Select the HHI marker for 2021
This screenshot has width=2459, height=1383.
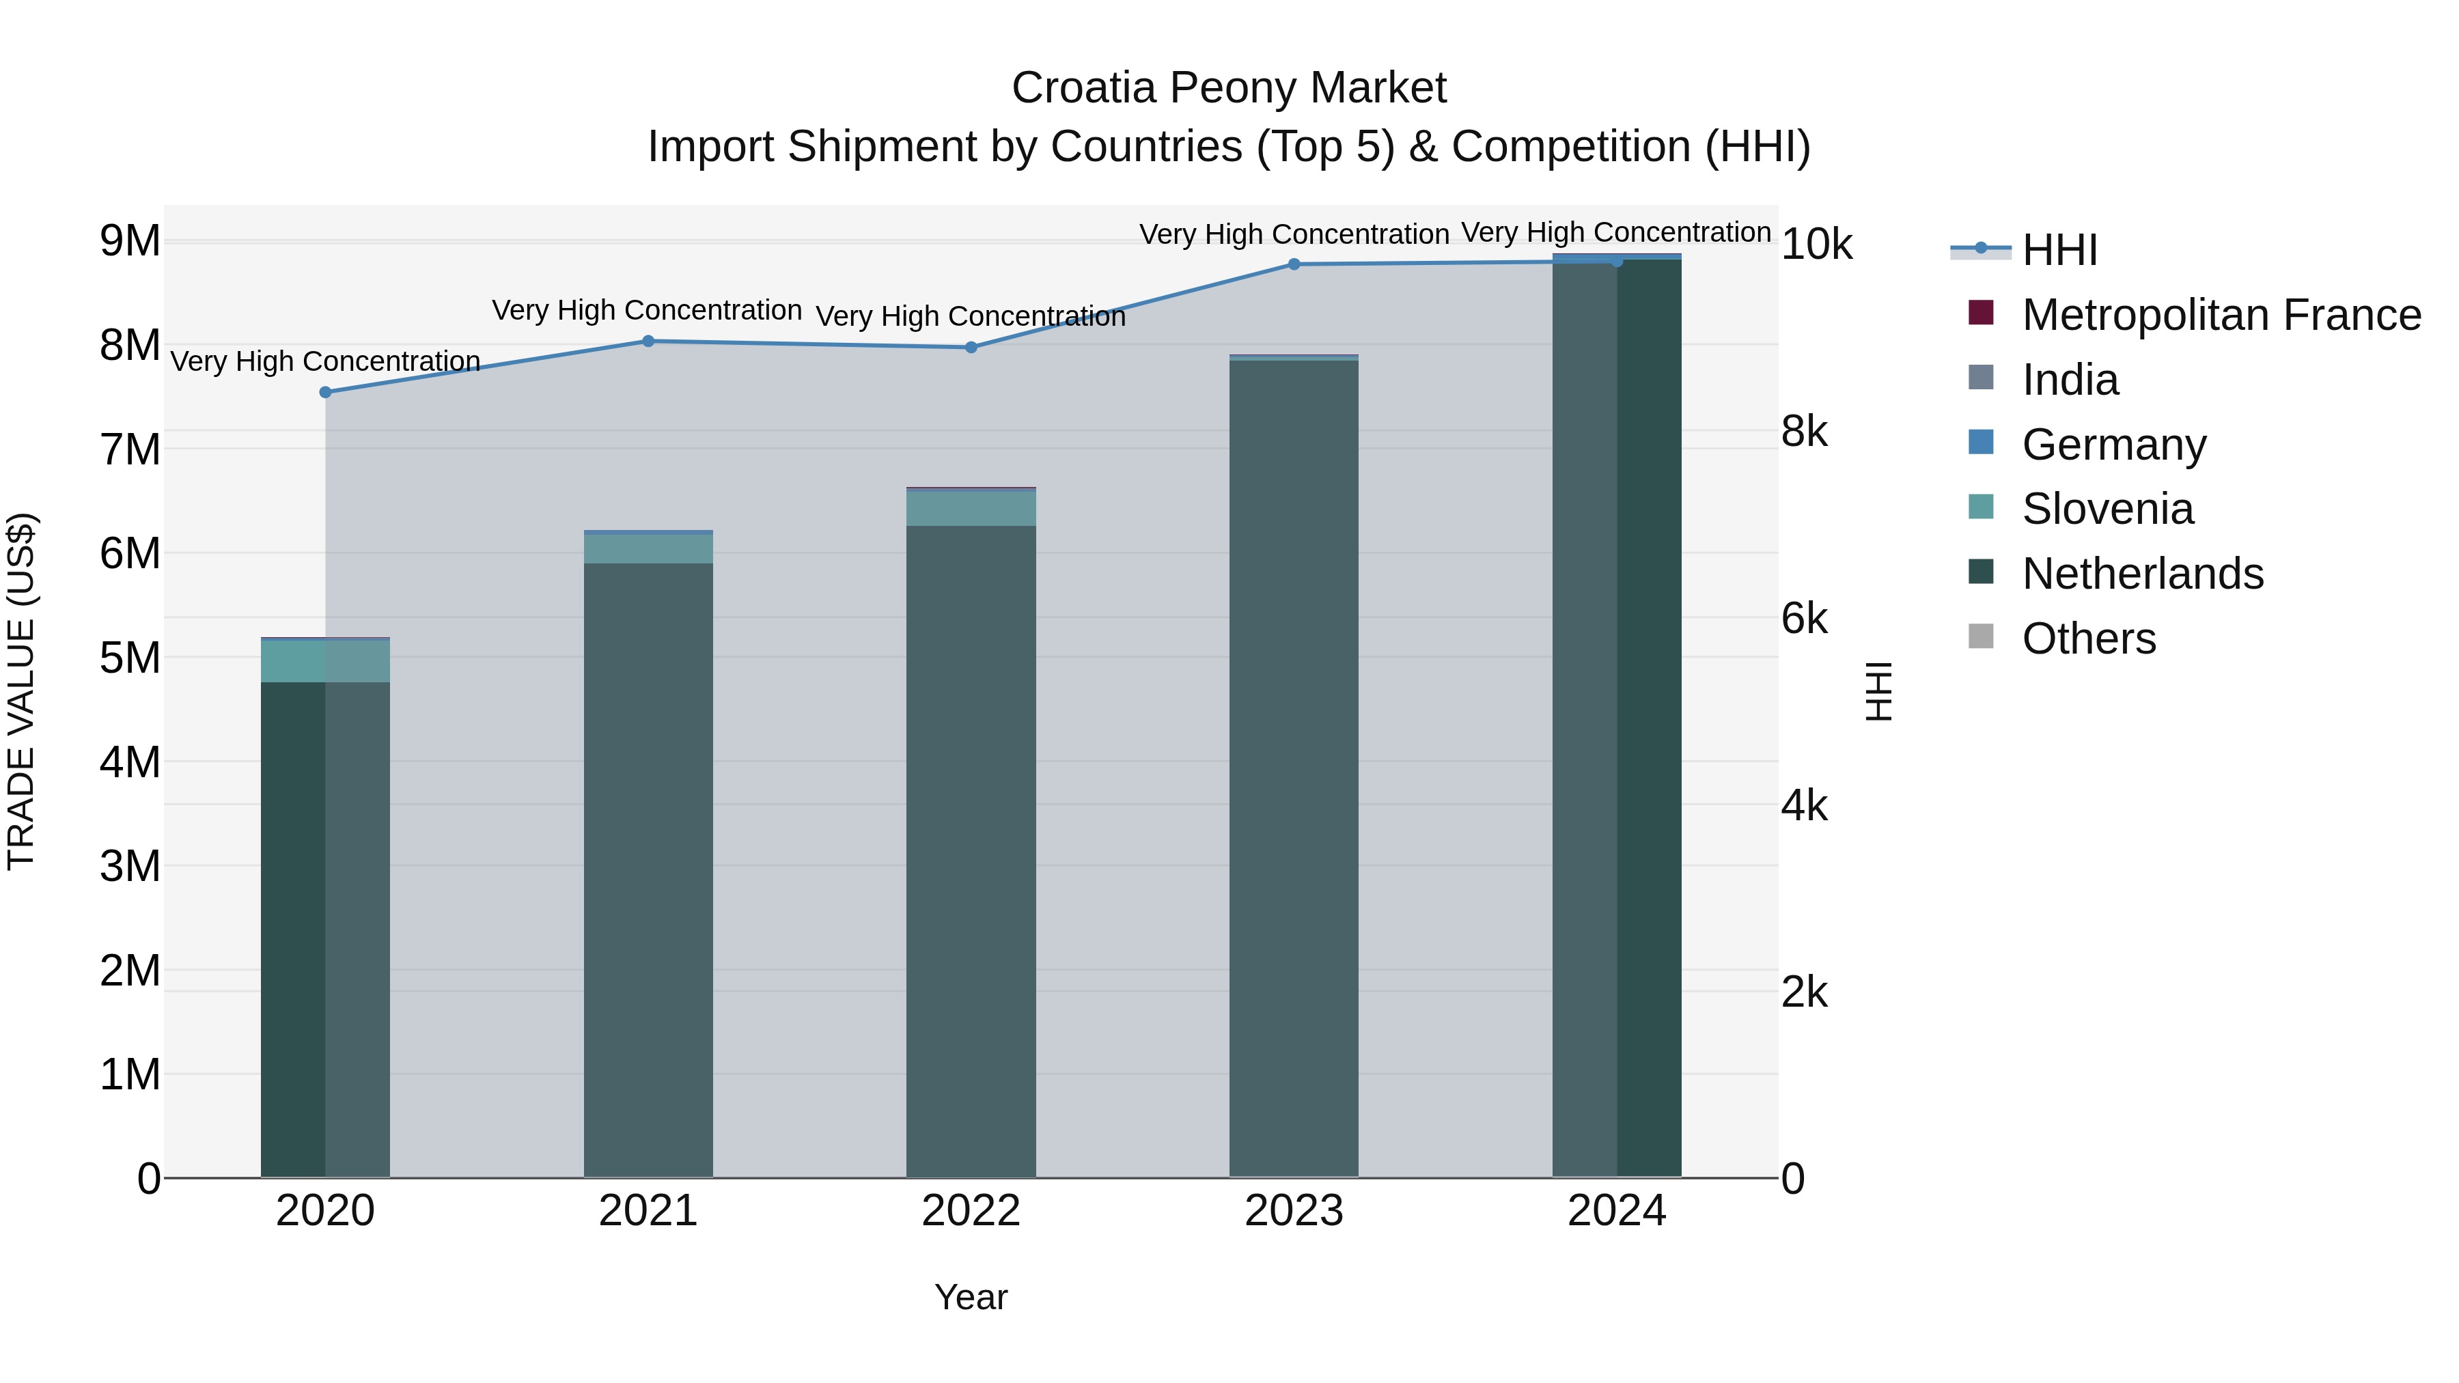(x=648, y=341)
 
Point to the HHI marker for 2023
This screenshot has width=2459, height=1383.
(x=1294, y=264)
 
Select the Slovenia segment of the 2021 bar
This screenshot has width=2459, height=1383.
(x=648, y=548)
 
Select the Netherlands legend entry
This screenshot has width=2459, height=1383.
(x=2142, y=574)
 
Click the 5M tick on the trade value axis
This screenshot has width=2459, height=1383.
(x=130, y=658)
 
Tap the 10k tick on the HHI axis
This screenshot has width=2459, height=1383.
(x=1816, y=245)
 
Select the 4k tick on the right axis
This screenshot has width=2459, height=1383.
(x=1804, y=807)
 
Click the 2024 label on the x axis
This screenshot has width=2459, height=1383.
(x=1616, y=1211)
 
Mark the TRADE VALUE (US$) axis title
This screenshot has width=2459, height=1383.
(x=21, y=691)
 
